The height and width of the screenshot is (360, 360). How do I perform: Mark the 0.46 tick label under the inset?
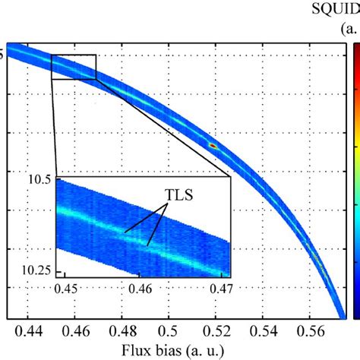pyautogui.click(x=141, y=288)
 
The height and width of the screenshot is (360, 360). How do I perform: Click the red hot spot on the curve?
pyautogui.click(x=213, y=144)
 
